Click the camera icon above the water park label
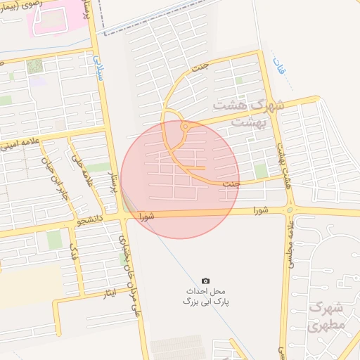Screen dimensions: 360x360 tap(205, 281)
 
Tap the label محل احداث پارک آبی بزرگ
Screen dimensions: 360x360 tap(206, 295)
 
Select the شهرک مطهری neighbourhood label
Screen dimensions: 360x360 tap(328, 317)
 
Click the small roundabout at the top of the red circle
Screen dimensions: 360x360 tap(184, 127)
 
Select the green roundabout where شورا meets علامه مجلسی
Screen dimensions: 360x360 tap(290, 210)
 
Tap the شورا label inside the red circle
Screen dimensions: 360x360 tap(146, 215)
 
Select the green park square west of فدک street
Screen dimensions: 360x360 tap(54, 240)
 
